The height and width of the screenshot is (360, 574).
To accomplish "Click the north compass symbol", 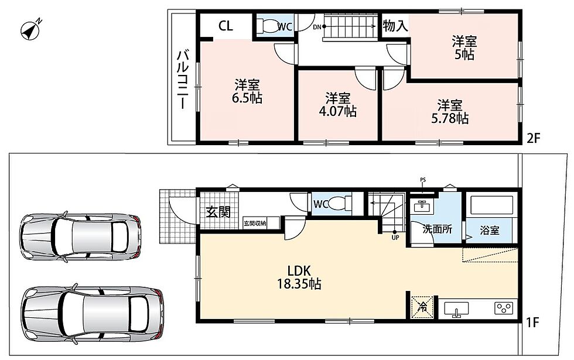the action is coord(30,29).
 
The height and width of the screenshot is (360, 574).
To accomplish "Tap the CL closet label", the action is coord(225,26).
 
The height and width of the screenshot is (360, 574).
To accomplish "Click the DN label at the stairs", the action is coord(317,27).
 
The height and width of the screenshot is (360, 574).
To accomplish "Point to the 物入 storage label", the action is coord(395,26).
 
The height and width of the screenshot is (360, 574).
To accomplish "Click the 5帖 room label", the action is coord(464,47).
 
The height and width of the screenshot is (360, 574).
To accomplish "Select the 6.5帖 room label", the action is coord(247,91).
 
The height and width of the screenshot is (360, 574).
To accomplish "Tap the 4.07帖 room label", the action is coord(337,105).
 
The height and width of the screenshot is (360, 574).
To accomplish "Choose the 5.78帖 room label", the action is coord(450,112).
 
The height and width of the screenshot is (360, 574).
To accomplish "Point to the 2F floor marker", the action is coord(533,138).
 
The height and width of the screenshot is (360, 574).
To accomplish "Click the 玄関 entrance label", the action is coord(218,211).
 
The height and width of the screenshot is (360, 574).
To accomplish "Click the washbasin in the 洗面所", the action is coord(422,206).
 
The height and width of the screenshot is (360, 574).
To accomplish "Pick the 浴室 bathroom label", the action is coord(490,231).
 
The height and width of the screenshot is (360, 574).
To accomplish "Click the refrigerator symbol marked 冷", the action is coord(422,307).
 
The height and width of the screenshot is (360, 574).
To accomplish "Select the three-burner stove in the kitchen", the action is coord(504,308).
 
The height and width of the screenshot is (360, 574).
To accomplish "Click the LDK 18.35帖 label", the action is coord(299,277).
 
